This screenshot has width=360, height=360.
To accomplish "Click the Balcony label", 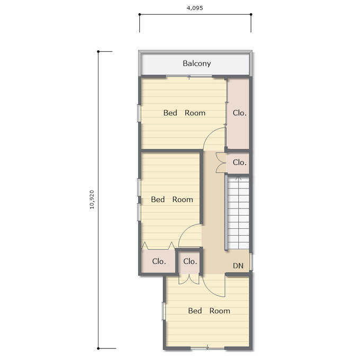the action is click(197, 64).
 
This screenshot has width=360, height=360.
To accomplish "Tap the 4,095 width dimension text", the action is click(195, 8).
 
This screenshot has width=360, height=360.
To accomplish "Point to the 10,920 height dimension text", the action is click(92, 199).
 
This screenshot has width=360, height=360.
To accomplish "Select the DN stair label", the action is click(238, 266).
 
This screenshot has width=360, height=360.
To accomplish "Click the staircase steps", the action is click(238, 213).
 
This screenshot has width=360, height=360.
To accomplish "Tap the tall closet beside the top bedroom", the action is click(238, 114).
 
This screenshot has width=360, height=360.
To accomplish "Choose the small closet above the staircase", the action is click(238, 163).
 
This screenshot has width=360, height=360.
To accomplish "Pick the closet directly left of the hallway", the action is click(189, 262).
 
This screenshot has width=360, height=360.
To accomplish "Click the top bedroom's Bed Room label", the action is click(184, 113).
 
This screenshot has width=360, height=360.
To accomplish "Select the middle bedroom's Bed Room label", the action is click(172, 200).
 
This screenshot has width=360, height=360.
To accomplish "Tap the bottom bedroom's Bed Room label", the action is click(209, 311).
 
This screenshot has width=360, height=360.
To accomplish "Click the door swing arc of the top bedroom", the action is click(210, 133).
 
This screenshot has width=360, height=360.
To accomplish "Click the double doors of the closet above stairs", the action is click(221, 163).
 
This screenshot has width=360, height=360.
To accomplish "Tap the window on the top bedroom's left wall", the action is click(139, 113).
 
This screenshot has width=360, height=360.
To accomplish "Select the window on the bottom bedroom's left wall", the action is click(164, 311).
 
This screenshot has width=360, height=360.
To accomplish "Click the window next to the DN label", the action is click(251, 262).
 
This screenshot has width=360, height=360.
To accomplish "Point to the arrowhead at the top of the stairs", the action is click(239, 178).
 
